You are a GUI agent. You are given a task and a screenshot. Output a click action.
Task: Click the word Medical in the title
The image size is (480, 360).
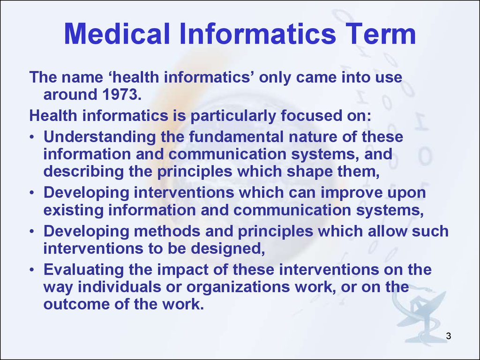click(x=117, y=34)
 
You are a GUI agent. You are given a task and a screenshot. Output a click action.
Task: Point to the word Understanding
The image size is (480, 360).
click(x=100, y=137)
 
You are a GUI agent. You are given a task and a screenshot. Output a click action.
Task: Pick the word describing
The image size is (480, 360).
click(x=83, y=172)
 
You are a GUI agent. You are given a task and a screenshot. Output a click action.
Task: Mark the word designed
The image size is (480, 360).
click(x=228, y=248)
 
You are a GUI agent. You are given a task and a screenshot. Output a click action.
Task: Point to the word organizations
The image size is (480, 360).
click(x=238, y=287)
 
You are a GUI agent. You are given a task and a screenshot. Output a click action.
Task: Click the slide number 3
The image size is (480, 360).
click(x=449, y=336)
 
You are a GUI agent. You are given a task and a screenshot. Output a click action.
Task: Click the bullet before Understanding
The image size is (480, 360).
click(x=32, y=137)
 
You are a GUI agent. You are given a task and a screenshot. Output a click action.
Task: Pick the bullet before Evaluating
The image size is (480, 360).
click(x=32, y=270)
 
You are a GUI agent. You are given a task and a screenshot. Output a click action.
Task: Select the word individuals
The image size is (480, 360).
click(x=120, y=286)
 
